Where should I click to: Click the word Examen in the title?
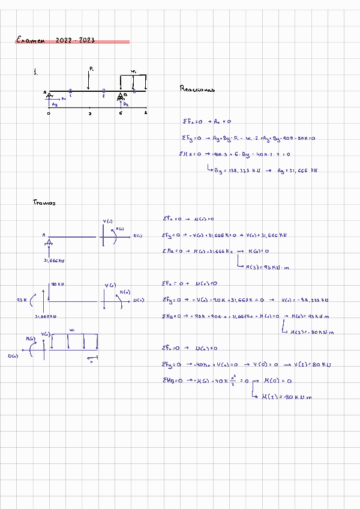click(31, 40)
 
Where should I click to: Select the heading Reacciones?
click(197, 89)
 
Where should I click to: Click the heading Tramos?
click(44, 203)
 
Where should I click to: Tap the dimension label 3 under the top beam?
click(90, 113)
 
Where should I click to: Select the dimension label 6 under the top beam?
click(121, 113)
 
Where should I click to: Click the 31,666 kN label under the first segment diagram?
click(55, 261)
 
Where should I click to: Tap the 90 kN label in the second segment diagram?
click(58, 284)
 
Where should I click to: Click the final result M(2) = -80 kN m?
click(283, 397)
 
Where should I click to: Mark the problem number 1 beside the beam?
click(36, 73)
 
